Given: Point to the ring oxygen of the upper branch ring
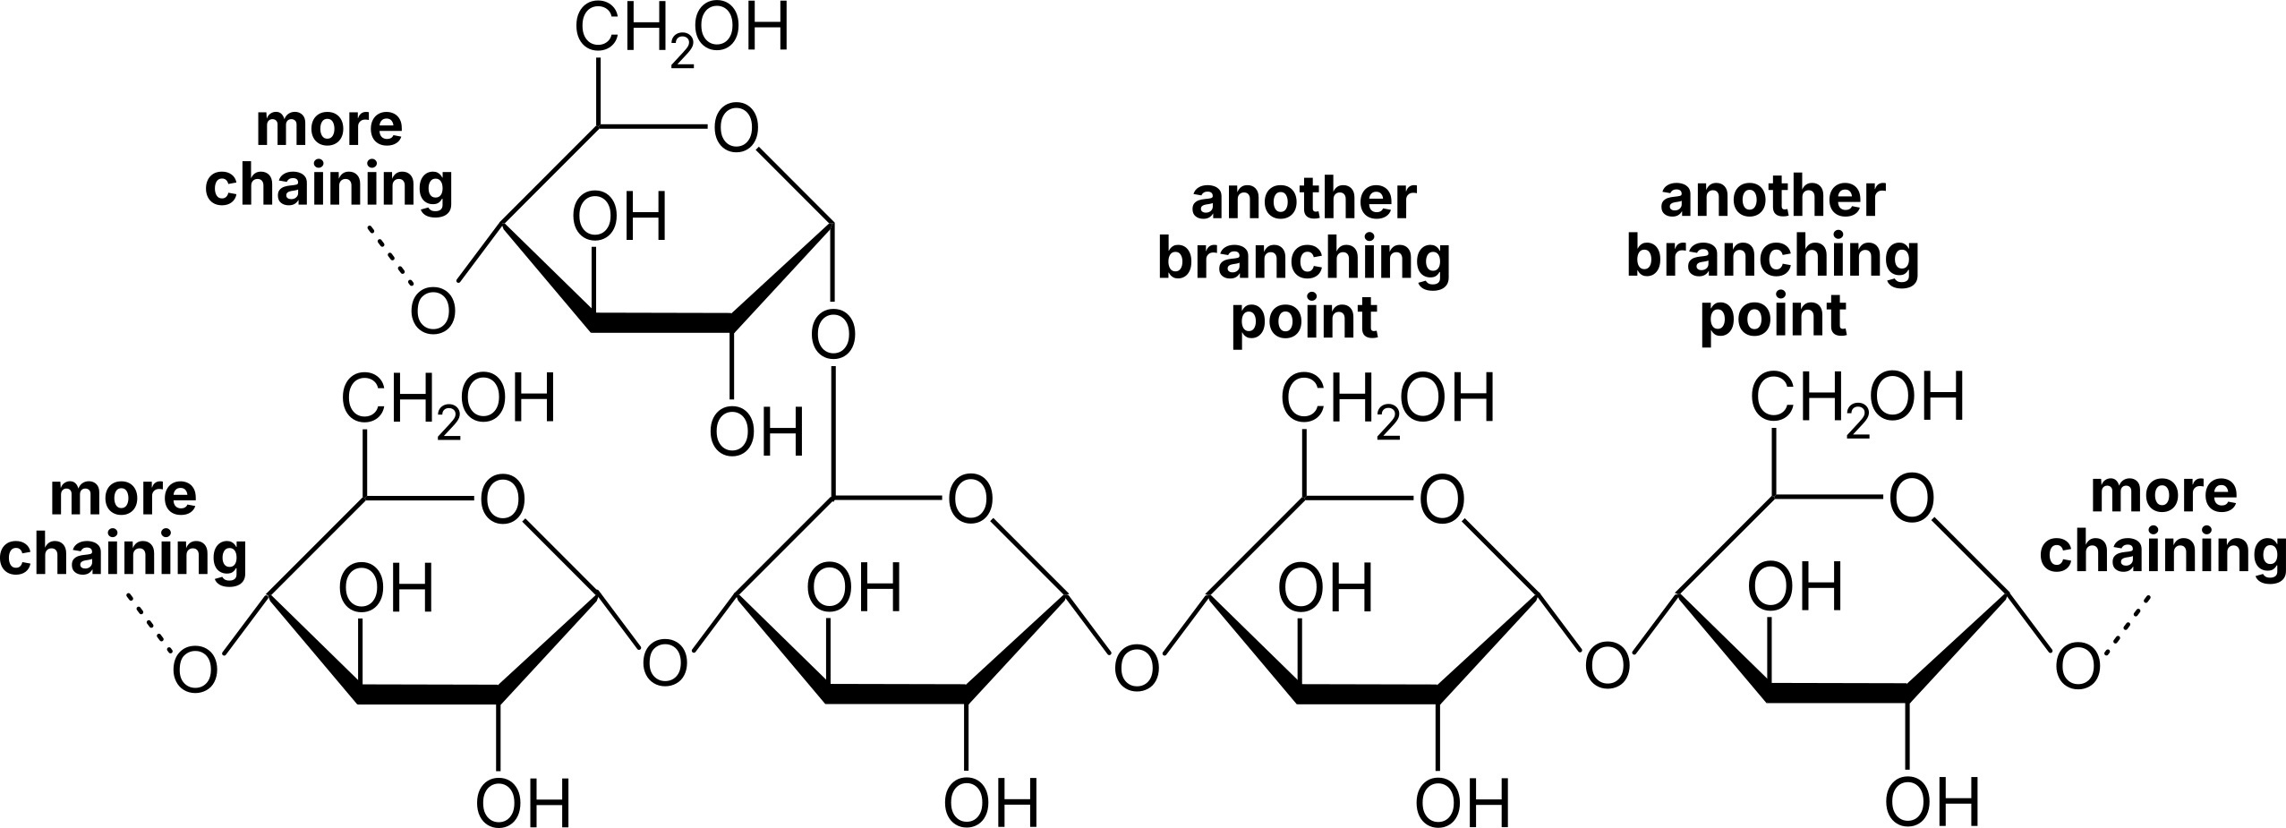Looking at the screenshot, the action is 736,130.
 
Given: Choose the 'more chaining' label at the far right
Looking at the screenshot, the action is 2162,523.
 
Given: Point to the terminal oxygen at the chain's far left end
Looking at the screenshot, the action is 194,669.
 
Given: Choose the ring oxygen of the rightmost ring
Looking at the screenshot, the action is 1911,499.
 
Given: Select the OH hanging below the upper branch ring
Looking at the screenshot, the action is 757,433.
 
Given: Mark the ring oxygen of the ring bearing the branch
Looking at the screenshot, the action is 970,499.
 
